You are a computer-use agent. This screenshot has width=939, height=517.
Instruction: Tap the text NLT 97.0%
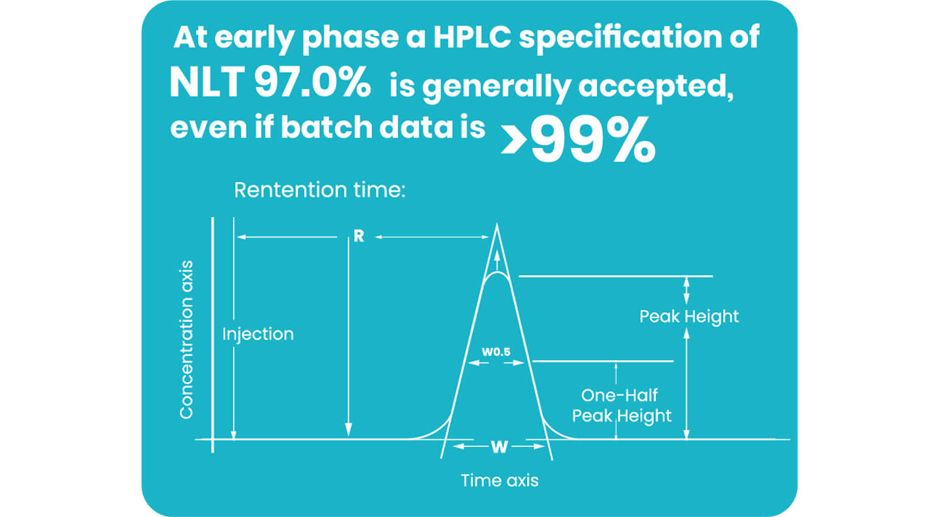270,85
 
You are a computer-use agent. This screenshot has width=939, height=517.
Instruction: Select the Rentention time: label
319,190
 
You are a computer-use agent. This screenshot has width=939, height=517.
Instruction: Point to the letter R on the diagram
358,237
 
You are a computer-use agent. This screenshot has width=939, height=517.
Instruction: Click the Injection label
258,334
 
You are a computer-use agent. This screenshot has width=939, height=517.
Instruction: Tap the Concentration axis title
186,339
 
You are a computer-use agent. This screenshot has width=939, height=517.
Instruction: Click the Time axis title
499,480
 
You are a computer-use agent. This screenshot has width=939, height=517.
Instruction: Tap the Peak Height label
689,316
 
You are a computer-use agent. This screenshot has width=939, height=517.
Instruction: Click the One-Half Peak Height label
621,405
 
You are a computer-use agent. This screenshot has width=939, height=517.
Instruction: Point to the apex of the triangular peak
498,227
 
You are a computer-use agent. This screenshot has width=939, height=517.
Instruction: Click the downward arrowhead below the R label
348,429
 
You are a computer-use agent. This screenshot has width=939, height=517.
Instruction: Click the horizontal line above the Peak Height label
615,276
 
